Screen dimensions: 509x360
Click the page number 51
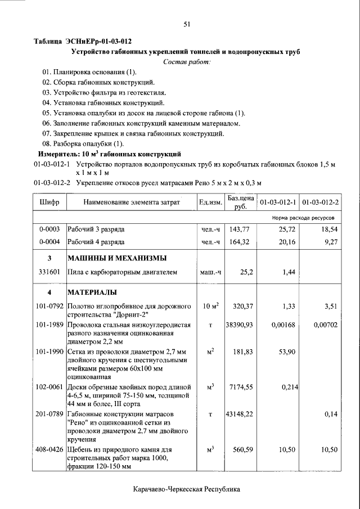pyautogui.click(x=187, y=24)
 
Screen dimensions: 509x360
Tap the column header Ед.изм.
pyautogui.click(x=210, y=202)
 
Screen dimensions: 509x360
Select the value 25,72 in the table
pyautogui.click(x=286, y=230)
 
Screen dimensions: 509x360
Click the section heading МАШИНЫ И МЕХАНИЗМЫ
pyautogui.click(x=116, y=259)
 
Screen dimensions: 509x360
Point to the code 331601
pyautogui.click(x=49, y=273)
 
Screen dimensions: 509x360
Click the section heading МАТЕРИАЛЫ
pyautogui.click(x=92, y=293)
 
